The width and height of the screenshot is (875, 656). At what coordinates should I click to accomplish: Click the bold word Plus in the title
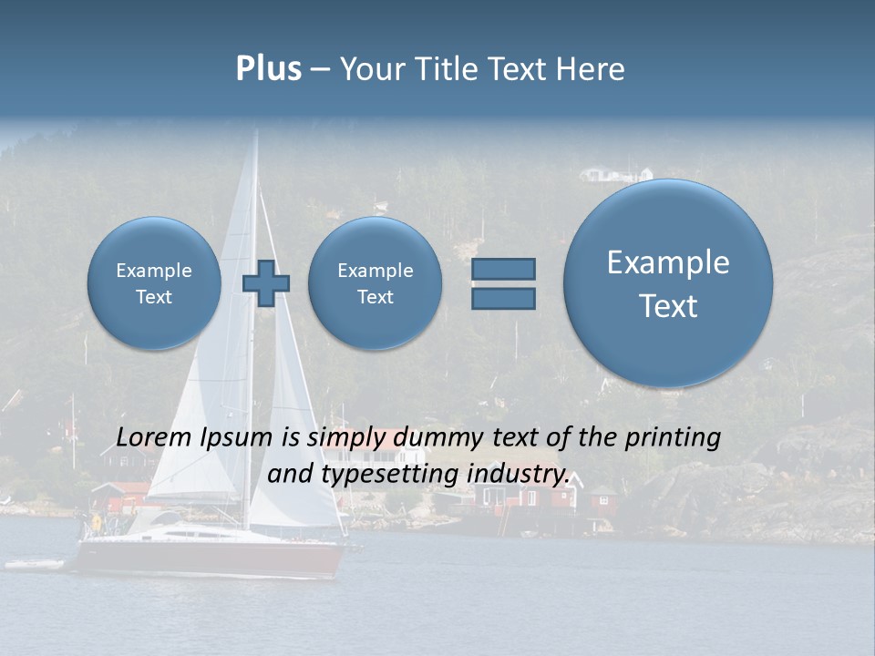[x=268, y=69]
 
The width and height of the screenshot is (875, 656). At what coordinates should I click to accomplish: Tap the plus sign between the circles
[x=265, y=283]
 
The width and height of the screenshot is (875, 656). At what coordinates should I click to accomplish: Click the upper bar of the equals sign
[x=503, y=269]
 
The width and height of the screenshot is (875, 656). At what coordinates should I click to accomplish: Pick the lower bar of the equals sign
[x=503, y=298]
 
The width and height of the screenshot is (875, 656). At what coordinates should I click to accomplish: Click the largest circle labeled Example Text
[x=668, y=282]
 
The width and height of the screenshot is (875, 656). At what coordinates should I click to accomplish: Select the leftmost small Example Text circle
[x=154, y=282]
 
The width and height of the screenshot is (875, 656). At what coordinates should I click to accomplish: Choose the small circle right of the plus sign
[x=375, y=282]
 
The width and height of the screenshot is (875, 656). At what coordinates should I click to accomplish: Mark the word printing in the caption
[x=673, y=437]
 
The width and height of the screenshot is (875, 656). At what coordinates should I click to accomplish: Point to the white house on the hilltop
[x=616, y=173]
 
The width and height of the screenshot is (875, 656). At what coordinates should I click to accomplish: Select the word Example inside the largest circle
[x=668, y=262]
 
